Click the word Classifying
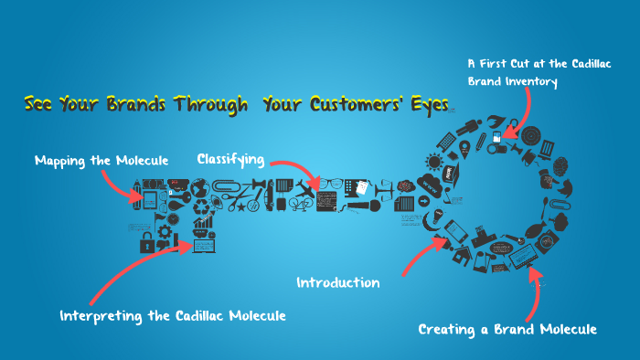coord(230,159)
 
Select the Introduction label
coord(337,282)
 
